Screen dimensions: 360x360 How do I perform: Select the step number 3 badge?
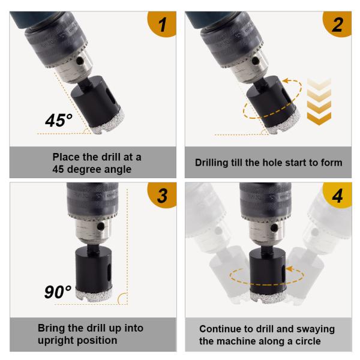(162, 195)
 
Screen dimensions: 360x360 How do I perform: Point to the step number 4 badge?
(337, 195)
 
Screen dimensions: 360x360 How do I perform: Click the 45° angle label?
(59, 121)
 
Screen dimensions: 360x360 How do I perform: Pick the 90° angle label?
(58, 292)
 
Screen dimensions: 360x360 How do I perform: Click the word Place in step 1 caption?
(66, 157)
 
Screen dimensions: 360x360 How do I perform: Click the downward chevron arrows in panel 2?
(319, 102)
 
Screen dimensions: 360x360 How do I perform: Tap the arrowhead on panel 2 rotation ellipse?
(286, 80)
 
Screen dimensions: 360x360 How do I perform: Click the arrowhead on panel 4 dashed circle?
(290, 269)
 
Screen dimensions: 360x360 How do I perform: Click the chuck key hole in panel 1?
(80, 61)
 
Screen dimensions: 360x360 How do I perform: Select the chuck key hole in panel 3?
(101, 227)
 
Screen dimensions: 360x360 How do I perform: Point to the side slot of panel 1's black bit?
(110, 96)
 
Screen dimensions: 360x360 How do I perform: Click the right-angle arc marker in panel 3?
(122, 298)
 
